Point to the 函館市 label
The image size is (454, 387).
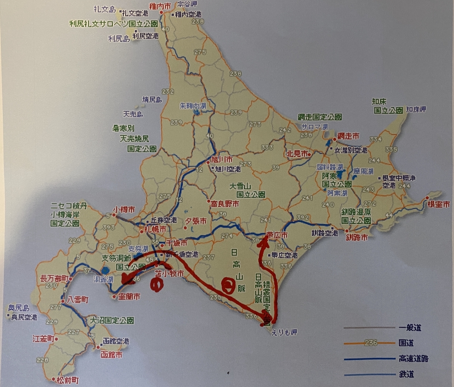pos(111,355)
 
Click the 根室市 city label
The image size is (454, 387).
pos(438,204)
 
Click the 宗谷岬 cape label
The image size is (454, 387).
pos(189,5)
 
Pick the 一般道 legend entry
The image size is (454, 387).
pos(410,328)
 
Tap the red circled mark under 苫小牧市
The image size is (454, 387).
pos(155,284)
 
